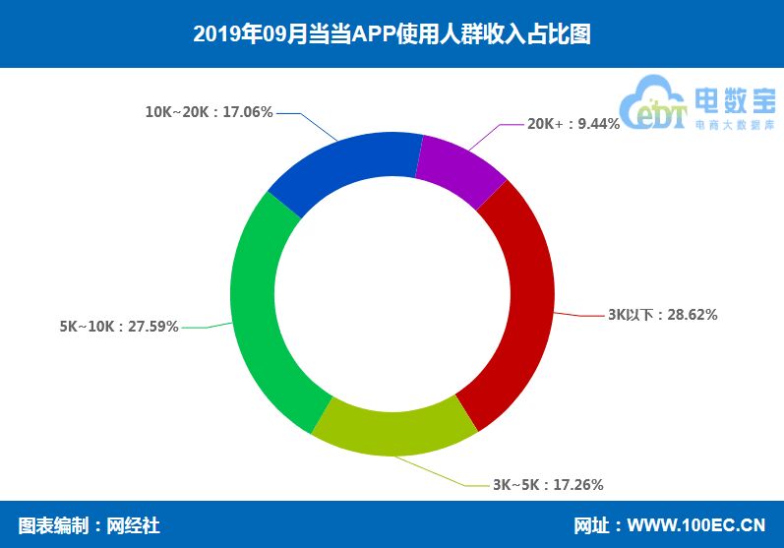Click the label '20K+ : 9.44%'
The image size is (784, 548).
click(573, 124)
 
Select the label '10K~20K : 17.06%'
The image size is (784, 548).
click(209, 112)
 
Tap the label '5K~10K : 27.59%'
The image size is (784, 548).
click(119, 327)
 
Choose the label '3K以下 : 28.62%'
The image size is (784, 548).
click(662, 315)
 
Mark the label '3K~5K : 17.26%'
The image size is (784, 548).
click(548, 484)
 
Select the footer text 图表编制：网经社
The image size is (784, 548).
click(89, 525)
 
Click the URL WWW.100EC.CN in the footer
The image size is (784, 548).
click(696, 525)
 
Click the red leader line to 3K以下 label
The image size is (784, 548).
click(580, 315)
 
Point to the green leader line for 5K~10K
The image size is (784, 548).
click(207, 327)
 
